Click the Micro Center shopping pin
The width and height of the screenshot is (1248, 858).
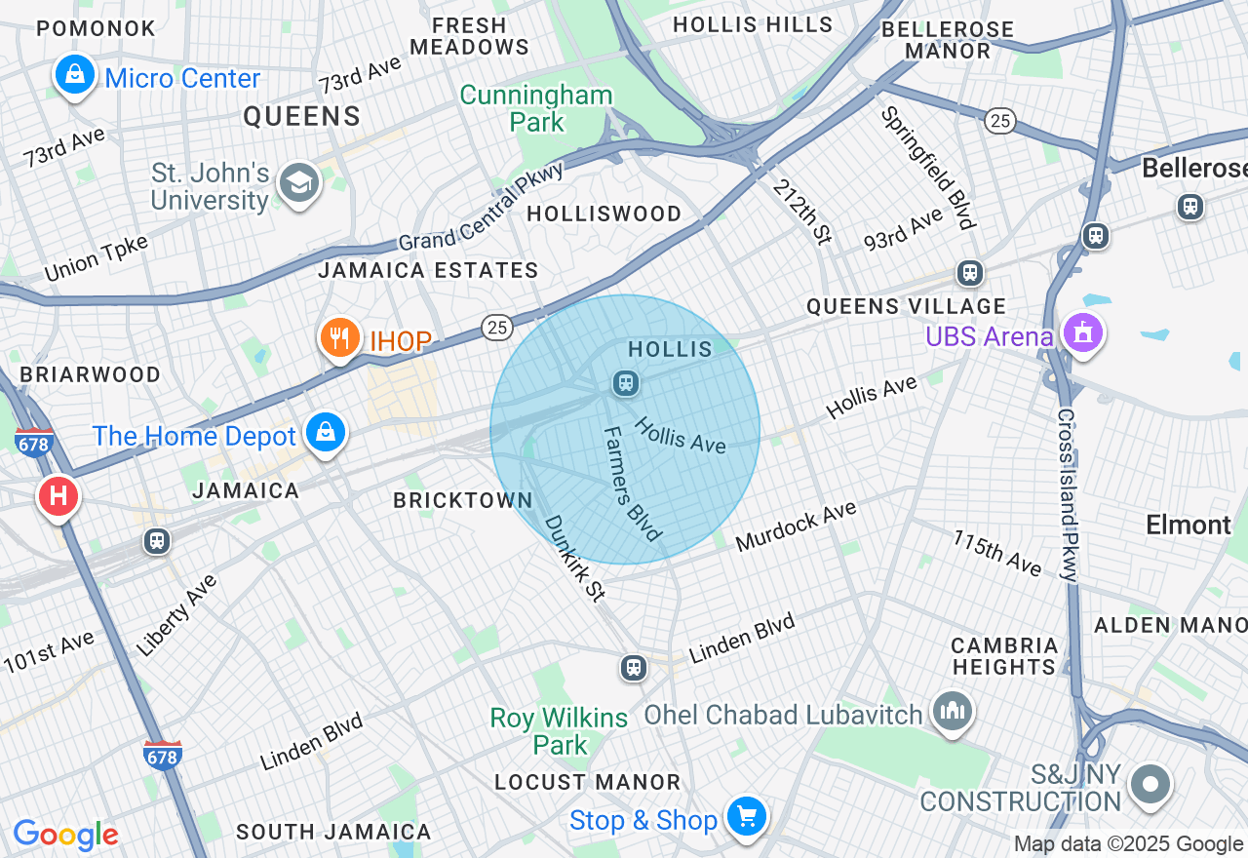point(74,73)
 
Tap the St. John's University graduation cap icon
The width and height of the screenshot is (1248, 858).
point(299,181)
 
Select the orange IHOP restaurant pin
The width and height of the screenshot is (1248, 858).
point(339,337)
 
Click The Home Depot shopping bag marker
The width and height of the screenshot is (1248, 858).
point(326,431)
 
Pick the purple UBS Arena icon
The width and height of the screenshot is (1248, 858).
point(1081,334)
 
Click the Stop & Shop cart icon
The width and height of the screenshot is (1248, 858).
point(747,815)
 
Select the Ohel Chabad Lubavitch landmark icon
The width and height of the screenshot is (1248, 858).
point(951,710)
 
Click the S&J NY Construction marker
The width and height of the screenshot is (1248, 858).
point(1150,784)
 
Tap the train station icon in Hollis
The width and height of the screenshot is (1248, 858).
point(625,383)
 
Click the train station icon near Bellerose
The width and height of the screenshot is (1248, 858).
point(1189,207)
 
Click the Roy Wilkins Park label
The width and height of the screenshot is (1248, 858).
point(559,731)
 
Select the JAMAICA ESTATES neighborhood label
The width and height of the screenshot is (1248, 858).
point(428,270)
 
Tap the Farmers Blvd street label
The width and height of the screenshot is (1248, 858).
point(632,484)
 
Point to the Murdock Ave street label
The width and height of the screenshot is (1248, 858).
point(796,526)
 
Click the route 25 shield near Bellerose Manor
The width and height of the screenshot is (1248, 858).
point(1000,121)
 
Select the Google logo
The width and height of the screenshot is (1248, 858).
point(65,835)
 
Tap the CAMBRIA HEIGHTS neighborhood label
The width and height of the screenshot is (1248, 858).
point(1004,656)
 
